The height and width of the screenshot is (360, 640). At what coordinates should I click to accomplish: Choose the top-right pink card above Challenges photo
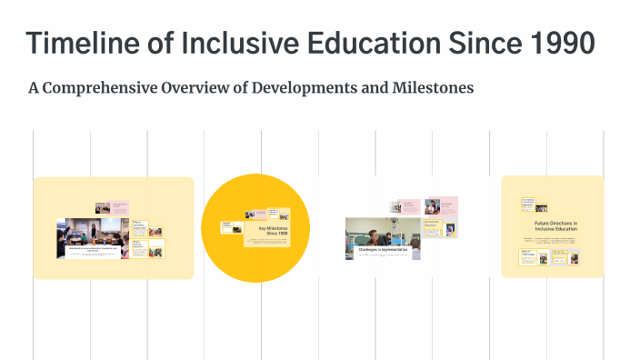tap(433, 207)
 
